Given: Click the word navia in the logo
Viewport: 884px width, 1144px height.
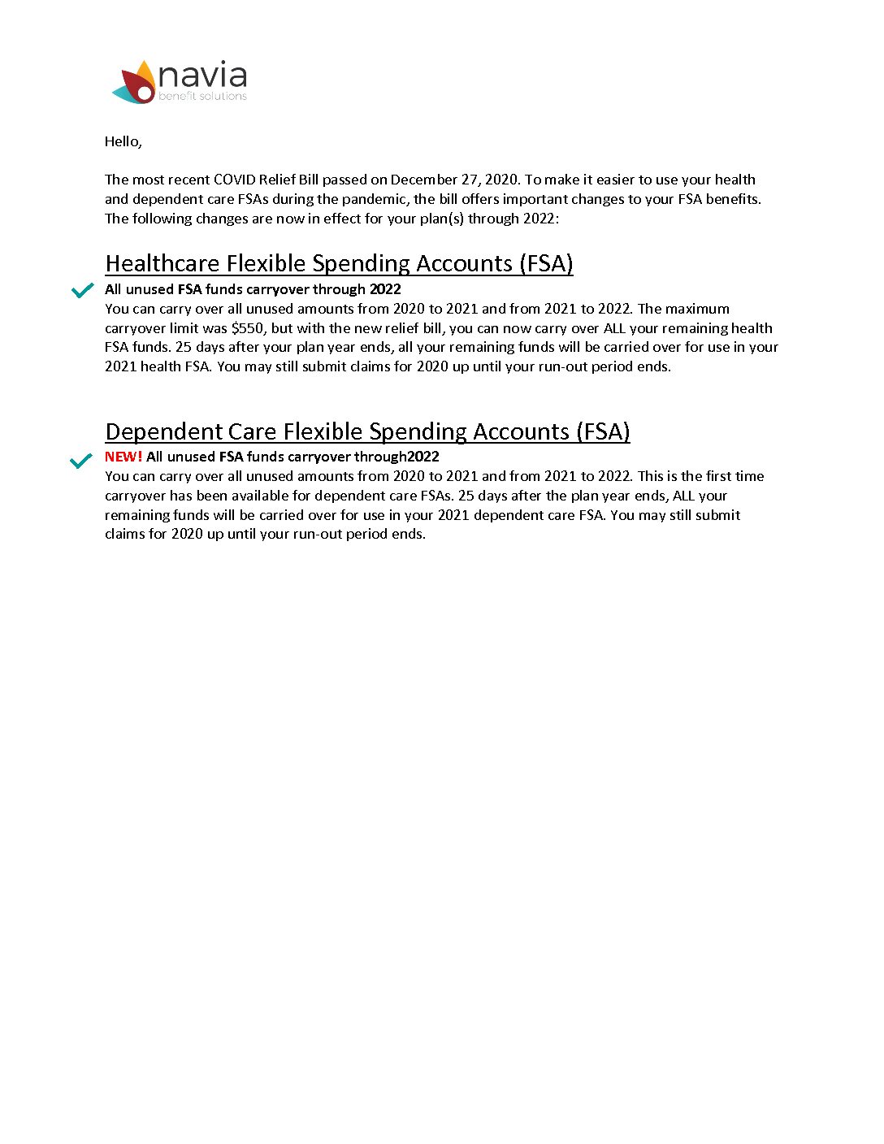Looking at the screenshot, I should click(x=202, y=76).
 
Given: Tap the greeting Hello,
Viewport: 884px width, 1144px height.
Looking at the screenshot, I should click(x=123, y=141).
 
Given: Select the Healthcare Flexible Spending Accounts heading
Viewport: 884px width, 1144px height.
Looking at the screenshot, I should click(x=339, y=263).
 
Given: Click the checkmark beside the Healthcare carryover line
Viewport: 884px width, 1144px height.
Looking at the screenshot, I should click(x=82, y=290).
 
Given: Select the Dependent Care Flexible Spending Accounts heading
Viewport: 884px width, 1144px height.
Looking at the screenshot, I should click(x=367, y=431).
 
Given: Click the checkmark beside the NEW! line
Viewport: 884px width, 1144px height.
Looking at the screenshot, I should click(x=80, y=461).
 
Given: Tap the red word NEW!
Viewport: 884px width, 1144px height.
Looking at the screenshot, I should click(x=123, y=457).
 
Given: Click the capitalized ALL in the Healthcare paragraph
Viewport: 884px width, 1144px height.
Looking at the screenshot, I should click(x=614, y=328).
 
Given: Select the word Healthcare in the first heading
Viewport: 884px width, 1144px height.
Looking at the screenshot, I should click(x=162, y=263).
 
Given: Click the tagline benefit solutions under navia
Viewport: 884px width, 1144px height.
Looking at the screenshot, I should click(x=202, y=96).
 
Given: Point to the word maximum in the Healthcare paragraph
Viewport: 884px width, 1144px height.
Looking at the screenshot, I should click(x=698, y=309).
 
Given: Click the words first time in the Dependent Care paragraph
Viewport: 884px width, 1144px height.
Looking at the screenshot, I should click(x=734, y=476).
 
